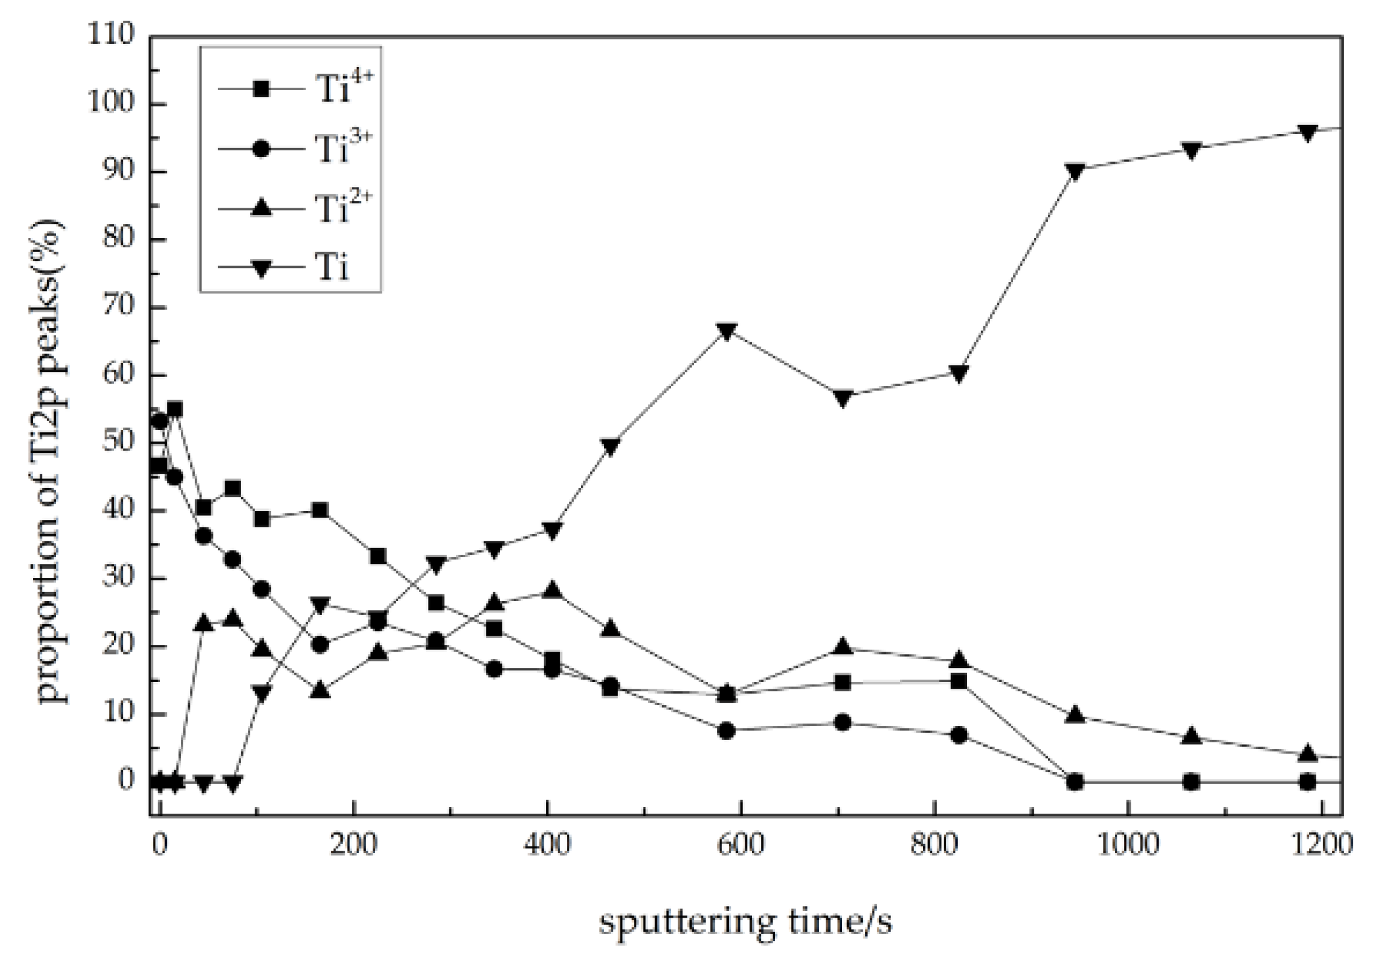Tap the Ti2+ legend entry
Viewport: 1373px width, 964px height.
click(292, 208)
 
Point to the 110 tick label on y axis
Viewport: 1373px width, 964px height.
click(111, 35)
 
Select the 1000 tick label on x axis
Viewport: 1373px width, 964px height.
click(1128, 845)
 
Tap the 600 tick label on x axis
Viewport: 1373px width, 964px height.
click(740, 845)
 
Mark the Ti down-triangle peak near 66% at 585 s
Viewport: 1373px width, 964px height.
click(727, 332)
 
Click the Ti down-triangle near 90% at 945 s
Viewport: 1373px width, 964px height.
click(1075, 172)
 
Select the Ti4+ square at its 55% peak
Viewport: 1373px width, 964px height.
click(175, 409)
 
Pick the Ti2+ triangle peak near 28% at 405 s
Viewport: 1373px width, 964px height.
click(553, 589)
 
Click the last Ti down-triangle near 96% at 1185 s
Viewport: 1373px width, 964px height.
click(1308, 133)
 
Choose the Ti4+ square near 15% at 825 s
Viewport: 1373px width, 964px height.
click(959, 681)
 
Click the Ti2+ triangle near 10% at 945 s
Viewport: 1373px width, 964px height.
click(1075, 715)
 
